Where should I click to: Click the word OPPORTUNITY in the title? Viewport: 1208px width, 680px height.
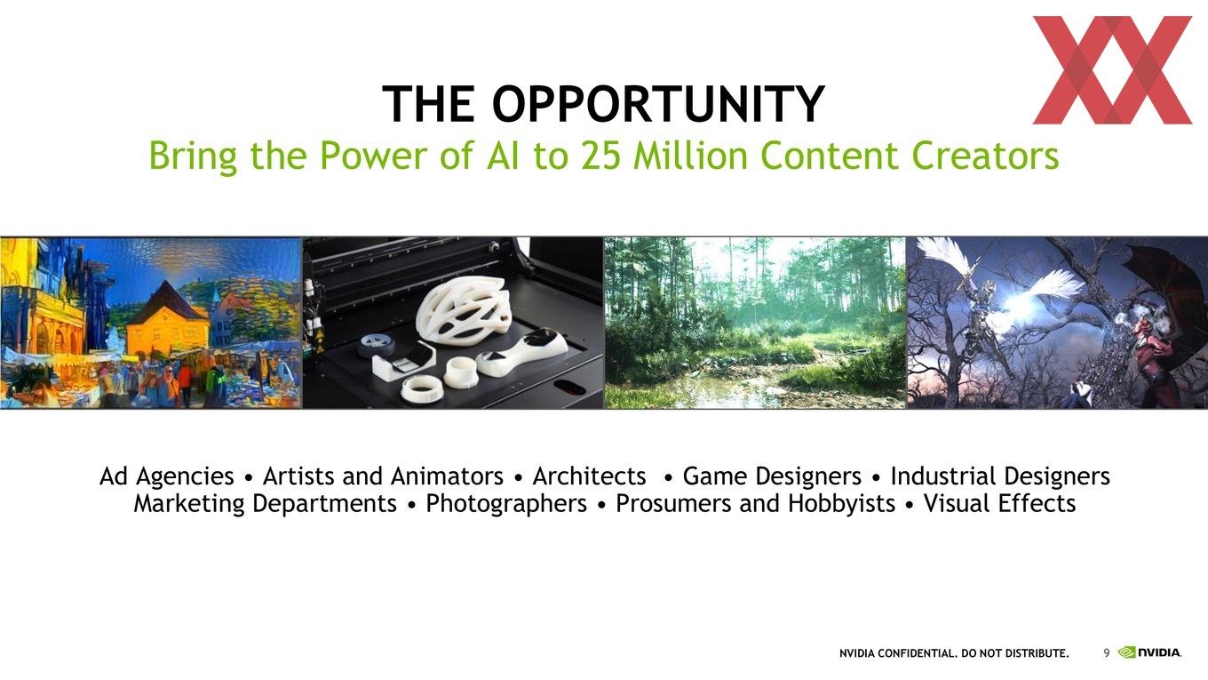[658, 104]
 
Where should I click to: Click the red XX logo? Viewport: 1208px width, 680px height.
[1112, 70]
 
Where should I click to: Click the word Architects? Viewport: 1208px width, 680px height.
[590, 476]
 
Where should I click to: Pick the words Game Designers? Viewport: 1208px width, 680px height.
[772, 476]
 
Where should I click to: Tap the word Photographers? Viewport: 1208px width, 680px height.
[506, 503]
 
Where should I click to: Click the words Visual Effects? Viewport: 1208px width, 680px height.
[1000, 503]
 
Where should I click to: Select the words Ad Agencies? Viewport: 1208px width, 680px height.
[167, 476]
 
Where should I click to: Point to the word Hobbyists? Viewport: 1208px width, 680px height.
[841, 503]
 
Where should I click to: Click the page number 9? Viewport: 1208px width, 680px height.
[1107, 653]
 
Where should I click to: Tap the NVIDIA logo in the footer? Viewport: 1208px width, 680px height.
[1149, 652]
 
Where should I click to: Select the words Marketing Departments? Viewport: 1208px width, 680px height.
[266, 503]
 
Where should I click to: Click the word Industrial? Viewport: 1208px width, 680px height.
[943, 476]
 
